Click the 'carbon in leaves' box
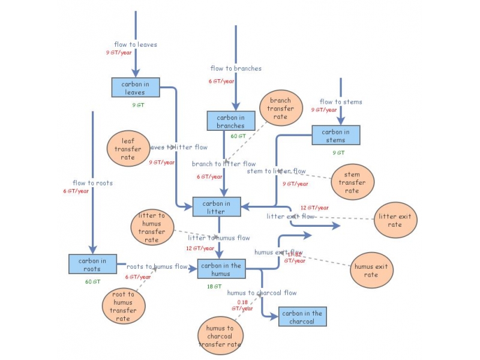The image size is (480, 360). pos(136,88)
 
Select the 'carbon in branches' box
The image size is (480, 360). pos(231,121)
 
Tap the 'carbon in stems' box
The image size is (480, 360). pos(335,136)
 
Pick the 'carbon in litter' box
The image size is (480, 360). pos(216,207)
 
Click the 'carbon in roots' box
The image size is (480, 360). pos(92,265)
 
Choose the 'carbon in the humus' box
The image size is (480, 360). pos(221,269)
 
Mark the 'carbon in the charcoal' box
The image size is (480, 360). pos(302,317)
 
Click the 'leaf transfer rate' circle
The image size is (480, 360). pos(128,149)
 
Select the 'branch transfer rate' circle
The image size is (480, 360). pos(280,109)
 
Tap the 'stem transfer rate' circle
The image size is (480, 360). pos(352,182)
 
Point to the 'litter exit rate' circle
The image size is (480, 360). pos(395,220)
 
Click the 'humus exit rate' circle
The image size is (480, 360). pos(371,271)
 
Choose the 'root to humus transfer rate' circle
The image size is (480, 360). pos(123,306)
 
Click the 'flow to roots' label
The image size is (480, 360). pos(92,183)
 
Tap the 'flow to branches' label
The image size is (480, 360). pos(236,68)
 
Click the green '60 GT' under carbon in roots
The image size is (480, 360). pos(92,281)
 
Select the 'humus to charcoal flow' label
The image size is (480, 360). pos(262,293)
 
